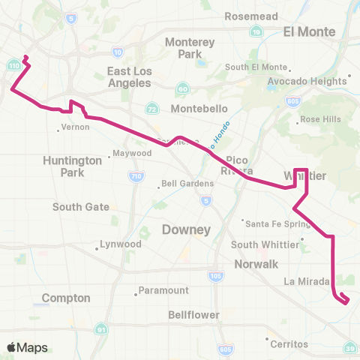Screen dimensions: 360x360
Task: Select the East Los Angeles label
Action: click(x=130, y=77)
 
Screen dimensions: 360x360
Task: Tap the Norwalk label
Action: click(x=254, y=264)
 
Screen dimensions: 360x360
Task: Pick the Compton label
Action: click(x=66, y=298)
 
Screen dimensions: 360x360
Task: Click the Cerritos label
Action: click(x=290, y=343)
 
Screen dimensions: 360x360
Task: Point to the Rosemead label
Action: click(x=253, y=16)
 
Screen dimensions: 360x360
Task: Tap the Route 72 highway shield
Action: click(x=152, y=109)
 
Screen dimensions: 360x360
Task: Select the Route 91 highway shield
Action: click(x=100, y=328)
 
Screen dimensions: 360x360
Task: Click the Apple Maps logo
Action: click(x=27, y=347)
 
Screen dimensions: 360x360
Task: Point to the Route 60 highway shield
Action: click(x=182, y=89)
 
